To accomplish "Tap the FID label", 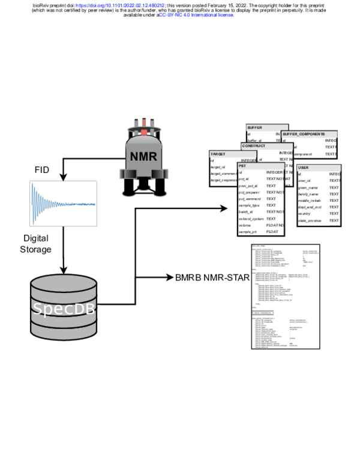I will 43,169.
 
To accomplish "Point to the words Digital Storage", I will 36,243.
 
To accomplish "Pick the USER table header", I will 304,168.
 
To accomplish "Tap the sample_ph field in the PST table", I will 249,232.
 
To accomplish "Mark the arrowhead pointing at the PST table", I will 226,208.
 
